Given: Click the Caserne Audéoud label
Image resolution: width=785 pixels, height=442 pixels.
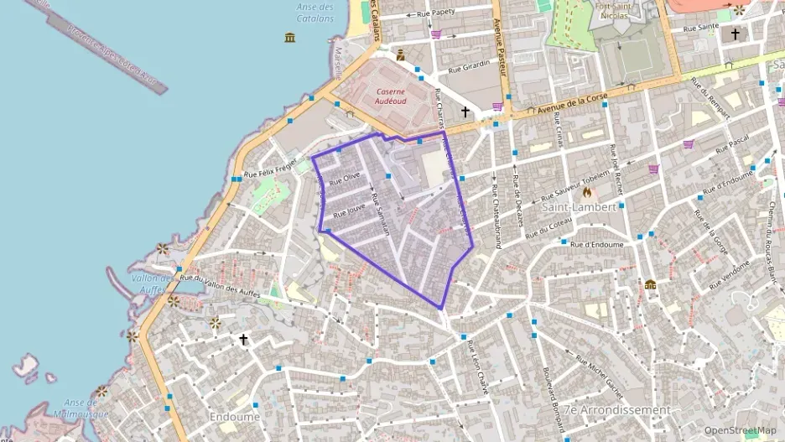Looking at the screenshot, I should (391, 95).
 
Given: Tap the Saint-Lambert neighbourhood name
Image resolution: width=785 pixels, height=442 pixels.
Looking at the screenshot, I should (579, 206).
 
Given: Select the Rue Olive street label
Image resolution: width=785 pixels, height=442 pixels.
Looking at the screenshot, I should (345, 177).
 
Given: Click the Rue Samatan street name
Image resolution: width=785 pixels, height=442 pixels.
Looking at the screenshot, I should (381, 216).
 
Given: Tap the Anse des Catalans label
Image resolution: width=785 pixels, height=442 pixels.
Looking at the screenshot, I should (315, 13).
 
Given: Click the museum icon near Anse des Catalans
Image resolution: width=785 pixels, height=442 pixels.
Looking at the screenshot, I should (290, 38).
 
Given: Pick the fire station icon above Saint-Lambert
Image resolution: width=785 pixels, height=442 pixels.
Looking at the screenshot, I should (599, 192).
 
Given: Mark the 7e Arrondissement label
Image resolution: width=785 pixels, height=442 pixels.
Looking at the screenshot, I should (617, 410).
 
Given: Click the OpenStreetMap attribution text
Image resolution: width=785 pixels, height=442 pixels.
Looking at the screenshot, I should (740, 430).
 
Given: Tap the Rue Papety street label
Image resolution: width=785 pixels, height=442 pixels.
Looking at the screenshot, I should (436, 12).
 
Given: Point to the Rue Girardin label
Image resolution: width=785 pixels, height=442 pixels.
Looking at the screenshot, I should (469, 68).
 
